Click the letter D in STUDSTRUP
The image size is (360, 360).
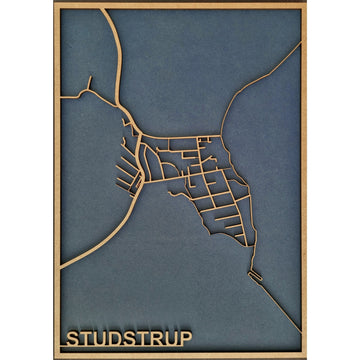pyautogui.click(x=114, y=337)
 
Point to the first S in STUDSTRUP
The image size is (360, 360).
pyautogui.click(x=72, y=337)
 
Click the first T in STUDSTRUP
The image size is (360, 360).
pyautogui.click(x=85, y=337)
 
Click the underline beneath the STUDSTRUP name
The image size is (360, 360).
pyautogui.click(x=128, y=347)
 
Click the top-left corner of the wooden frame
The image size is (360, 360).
pyautogui.click(x=54, y=5)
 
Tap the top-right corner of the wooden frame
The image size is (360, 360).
pyautogui.click(x=305, y=5)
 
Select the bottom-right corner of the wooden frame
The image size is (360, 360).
pyautogui.click(x=305, y=355)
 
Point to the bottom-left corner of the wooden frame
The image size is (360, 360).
pyautogui.click(x=54, y=355)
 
